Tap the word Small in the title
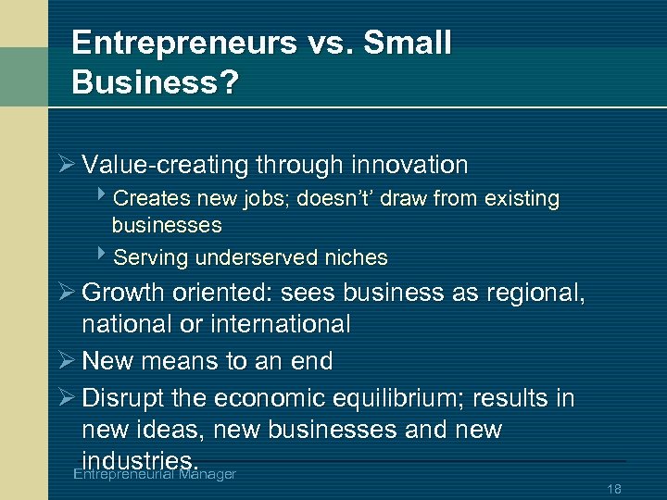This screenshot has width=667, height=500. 409,44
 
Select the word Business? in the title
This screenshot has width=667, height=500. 155,82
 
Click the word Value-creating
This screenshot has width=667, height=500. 163,166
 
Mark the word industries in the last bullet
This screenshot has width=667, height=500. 138,460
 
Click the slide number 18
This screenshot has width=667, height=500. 613,488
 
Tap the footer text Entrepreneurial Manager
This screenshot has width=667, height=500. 154,474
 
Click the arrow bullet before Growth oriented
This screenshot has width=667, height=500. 65,294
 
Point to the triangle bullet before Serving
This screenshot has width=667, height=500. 101,256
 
